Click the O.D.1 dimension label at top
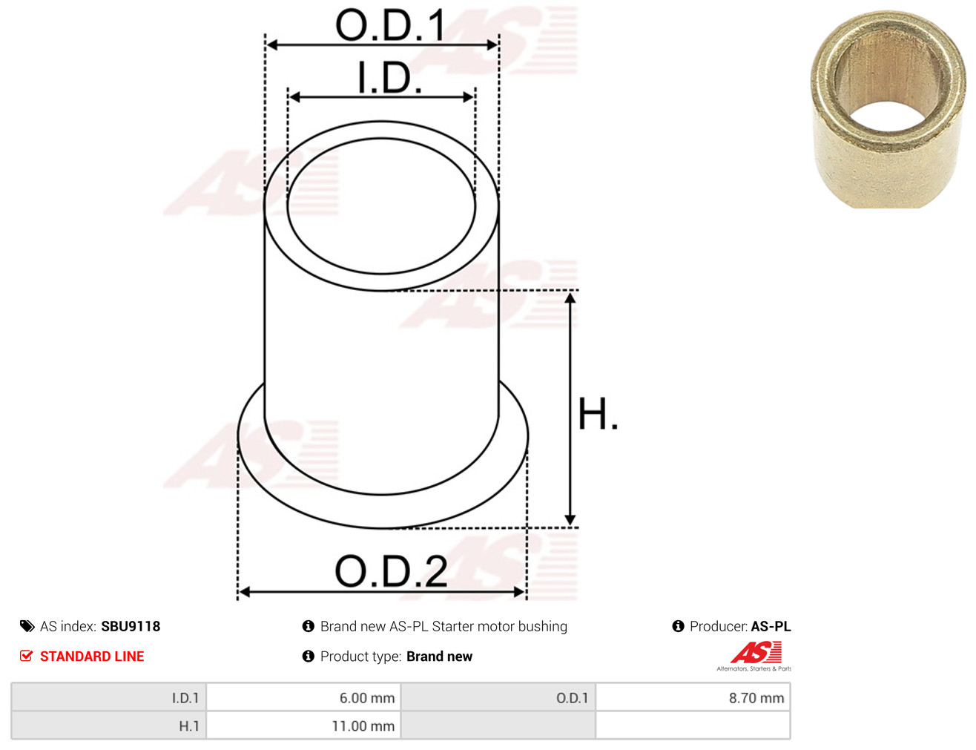click(x=390, y=25)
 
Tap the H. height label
click(x=598, y=414)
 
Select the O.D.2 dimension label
click(x=391, y=571)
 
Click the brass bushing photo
click(x=888, y=109)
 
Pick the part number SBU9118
click(x=131, y=626)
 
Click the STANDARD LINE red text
click(x=92, y=656)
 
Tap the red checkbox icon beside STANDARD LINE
click(x=27, y=656)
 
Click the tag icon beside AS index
click(x=27, y=626)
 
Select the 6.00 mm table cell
click(x=303, y=697)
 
